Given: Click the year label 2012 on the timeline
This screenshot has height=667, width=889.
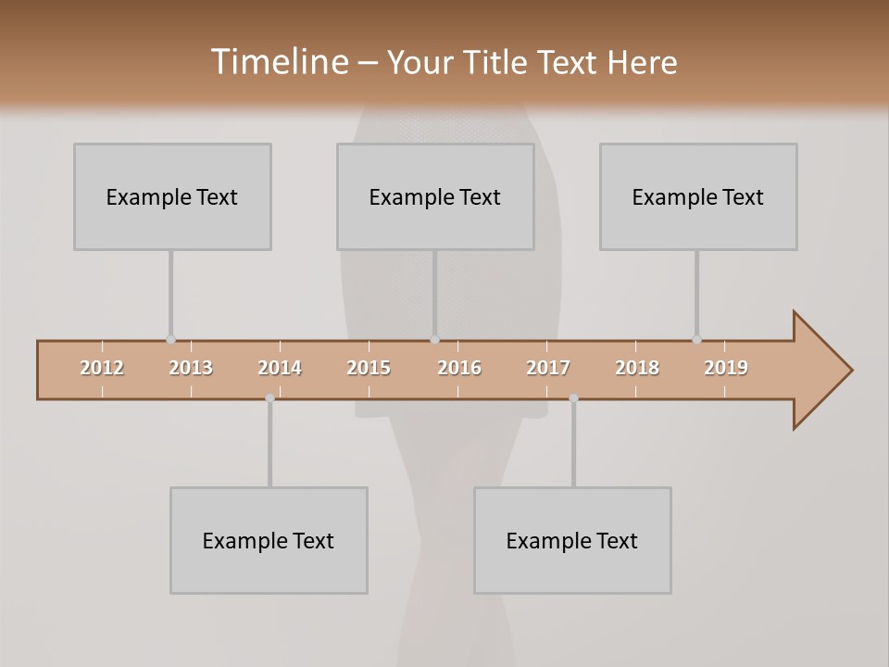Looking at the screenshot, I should [x=102, y=368].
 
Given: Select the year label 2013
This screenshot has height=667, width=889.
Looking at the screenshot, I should [x=191, y=368].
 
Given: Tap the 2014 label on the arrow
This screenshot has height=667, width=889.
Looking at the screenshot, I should [x=280, y=368].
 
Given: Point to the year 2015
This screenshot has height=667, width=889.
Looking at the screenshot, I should [x=369, y=368].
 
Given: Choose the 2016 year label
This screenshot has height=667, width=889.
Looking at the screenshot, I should [x=459, y=368].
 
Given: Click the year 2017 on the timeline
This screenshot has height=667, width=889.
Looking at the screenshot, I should [x=548, y=368].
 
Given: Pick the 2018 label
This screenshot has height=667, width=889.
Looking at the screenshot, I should [x=637, y=368].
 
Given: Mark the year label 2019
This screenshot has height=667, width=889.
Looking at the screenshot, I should [x=726, y=368].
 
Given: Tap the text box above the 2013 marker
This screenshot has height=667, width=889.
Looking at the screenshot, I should [x=172, y=196].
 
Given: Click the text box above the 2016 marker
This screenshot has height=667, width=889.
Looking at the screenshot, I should [x=435, y=196].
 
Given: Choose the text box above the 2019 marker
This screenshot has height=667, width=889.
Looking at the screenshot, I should [x=698, y=196].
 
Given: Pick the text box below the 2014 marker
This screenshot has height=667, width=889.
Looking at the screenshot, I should [x=269, y=540].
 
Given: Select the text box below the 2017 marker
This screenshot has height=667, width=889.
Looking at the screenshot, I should [x=572, y=540].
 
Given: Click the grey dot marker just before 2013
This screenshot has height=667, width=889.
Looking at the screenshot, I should [x=170, y=340].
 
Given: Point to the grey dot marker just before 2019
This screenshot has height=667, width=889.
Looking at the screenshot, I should [x=696, y=340].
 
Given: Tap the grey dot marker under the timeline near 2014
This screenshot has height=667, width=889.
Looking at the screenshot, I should [x=269, y=398].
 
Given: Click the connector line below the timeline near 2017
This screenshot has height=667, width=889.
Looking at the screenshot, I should [x=573, y=445].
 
